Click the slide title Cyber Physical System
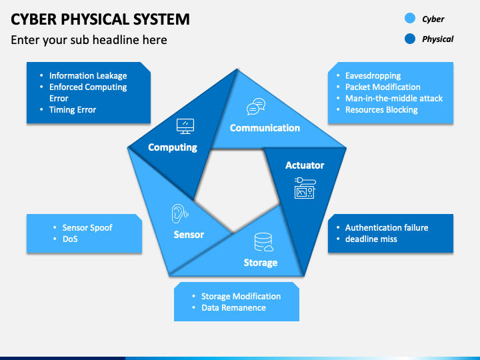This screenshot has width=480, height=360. (x=100, y=19)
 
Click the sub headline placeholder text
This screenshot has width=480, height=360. (x=89, y=40)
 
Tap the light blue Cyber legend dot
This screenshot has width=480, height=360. (x=410, y=19)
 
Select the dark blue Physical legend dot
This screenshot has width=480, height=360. (x=410, y=39)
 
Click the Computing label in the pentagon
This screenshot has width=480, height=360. (x=173, y=147)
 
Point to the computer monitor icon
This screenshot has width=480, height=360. (x=185, y=125)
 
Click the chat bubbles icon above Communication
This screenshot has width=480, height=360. (x=256, y=107)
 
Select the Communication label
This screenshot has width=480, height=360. (x=265, y=128)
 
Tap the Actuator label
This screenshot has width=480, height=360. (x=305, y=165)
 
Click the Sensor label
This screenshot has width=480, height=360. (x=189, y=235)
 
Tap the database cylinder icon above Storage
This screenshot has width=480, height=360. (x=263, y=241)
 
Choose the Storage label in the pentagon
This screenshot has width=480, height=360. (x=261, y=263)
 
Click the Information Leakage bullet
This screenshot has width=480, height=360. (x=88, y=76)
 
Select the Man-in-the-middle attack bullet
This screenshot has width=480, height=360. (x=393, y=99)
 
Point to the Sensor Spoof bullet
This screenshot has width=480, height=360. (x=87, y=228)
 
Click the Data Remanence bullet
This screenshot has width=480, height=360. (x=233, y=308)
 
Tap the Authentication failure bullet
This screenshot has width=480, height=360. (x=387, y=228)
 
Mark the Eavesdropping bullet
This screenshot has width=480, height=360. (x=373, y=76)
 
